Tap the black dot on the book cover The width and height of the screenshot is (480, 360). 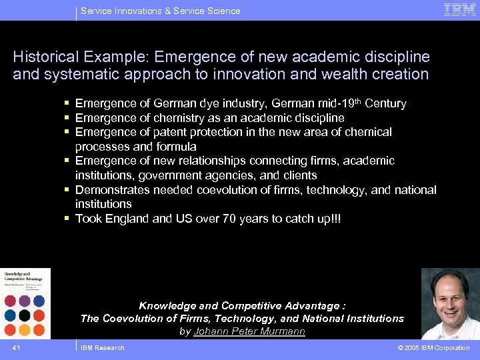(25, 315)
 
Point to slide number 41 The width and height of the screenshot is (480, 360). (16, 348)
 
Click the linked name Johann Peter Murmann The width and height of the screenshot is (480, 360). (249, 331)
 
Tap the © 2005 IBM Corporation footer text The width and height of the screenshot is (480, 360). (433, 348)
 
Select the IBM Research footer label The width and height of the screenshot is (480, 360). (102, 348)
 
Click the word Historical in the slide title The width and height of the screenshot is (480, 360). (43, 57)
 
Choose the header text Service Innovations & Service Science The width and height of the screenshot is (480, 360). (160, 11)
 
